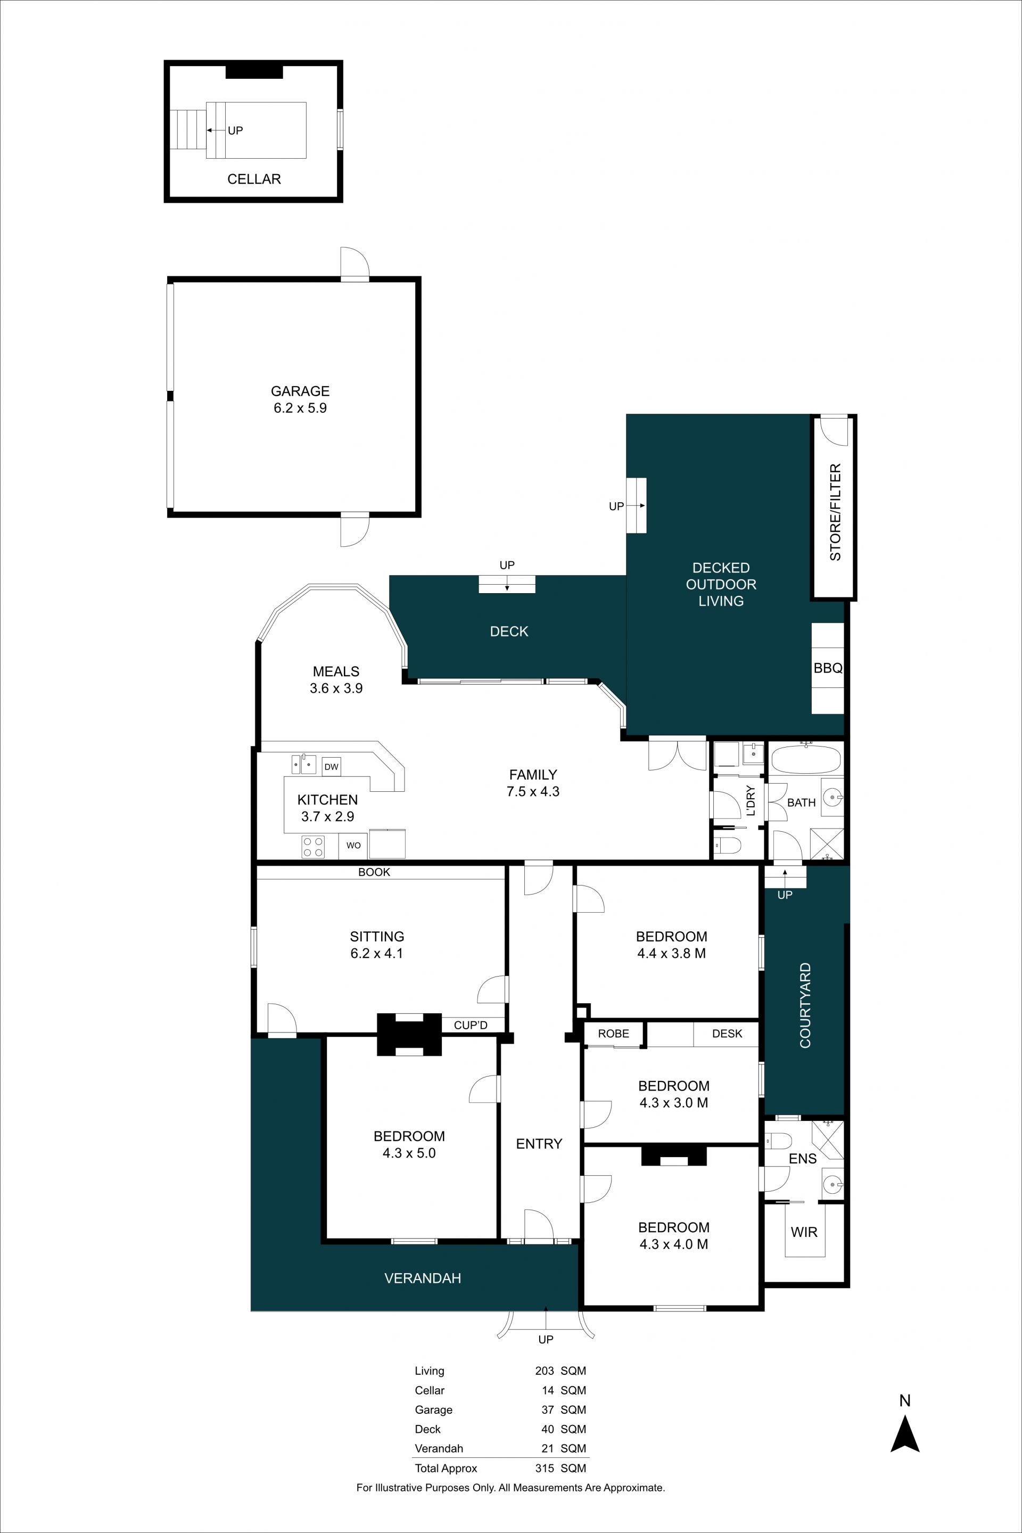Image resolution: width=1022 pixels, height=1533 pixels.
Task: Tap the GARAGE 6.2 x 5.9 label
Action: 300,399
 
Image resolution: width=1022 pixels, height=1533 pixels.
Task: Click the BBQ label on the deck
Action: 828,668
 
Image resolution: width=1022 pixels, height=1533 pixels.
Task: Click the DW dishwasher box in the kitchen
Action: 331,766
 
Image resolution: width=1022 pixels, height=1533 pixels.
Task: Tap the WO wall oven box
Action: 353,845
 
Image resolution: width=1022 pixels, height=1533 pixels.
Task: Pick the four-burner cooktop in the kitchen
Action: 313,847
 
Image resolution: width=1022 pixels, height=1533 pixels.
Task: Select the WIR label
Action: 804,1232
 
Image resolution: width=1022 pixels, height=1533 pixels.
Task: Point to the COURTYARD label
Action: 805,1005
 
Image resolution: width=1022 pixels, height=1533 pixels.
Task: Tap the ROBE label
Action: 613,1034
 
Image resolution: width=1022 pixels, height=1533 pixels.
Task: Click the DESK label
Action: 727,1034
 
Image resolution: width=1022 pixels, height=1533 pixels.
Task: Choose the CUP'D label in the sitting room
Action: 471,1025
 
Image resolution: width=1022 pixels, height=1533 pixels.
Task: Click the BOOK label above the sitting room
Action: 374,872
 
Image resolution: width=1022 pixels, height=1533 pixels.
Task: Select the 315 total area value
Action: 544,1469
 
